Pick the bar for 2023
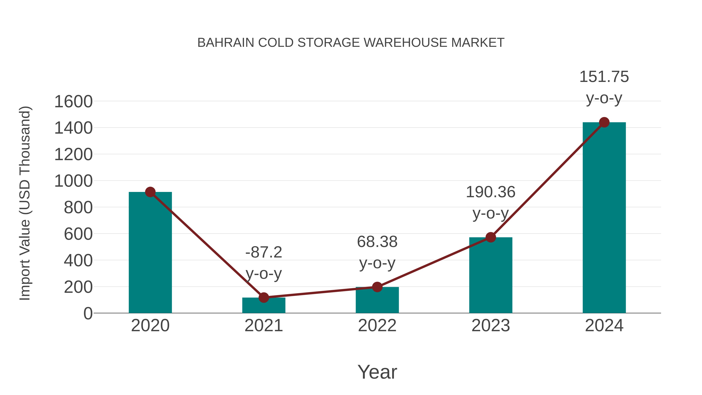491,275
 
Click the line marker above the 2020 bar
150,192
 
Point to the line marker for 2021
263,297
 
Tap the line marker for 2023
491,237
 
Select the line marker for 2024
604,122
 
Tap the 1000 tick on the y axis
74,181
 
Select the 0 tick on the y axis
88,313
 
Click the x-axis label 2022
377,326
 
